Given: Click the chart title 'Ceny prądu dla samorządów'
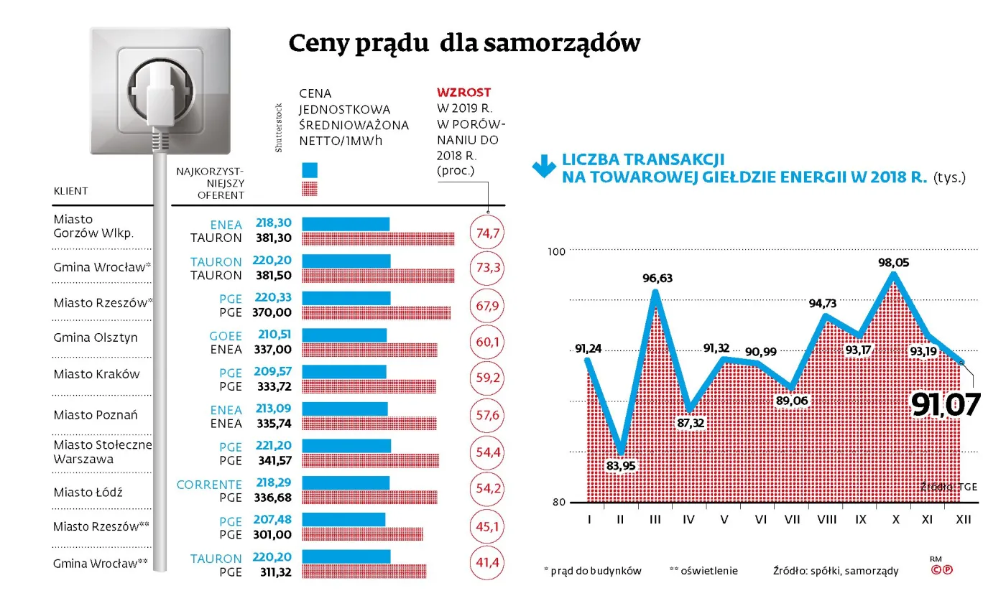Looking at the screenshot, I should point(463,44).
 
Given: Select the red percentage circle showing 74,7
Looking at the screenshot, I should point(487,232).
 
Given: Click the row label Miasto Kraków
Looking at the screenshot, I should point(96,374).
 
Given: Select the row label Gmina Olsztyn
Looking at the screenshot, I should point(95,337).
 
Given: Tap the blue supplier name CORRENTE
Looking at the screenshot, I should point(209,485).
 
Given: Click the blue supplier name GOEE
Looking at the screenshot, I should point(225,336).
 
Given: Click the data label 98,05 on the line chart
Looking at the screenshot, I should point(893,264).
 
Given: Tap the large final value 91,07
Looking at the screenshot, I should point(945,405).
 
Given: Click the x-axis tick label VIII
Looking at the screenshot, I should point(826,519).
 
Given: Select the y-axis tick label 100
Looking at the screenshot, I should point(558,251).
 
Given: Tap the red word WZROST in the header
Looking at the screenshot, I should point(463,93).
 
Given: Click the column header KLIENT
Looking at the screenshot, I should point(70,191).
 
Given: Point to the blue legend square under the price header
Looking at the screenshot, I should point(309,170).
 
